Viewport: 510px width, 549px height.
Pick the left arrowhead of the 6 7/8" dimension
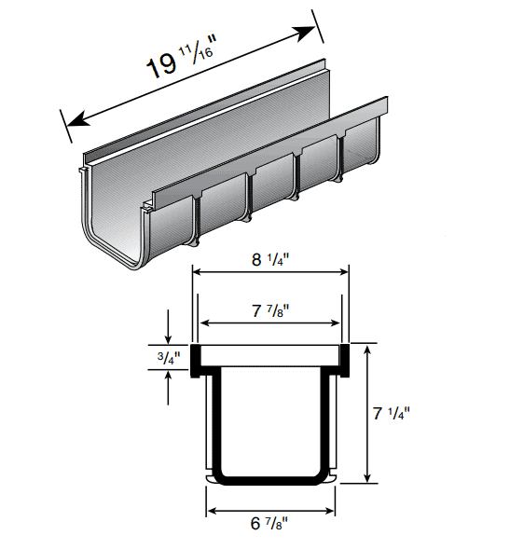coord(212,511)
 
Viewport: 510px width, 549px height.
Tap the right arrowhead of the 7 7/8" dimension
coord(338,323)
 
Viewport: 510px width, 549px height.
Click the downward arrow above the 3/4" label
coord(168,337)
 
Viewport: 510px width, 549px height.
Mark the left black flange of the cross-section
coord(199,359)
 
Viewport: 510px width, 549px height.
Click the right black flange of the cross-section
coord(342,359)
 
